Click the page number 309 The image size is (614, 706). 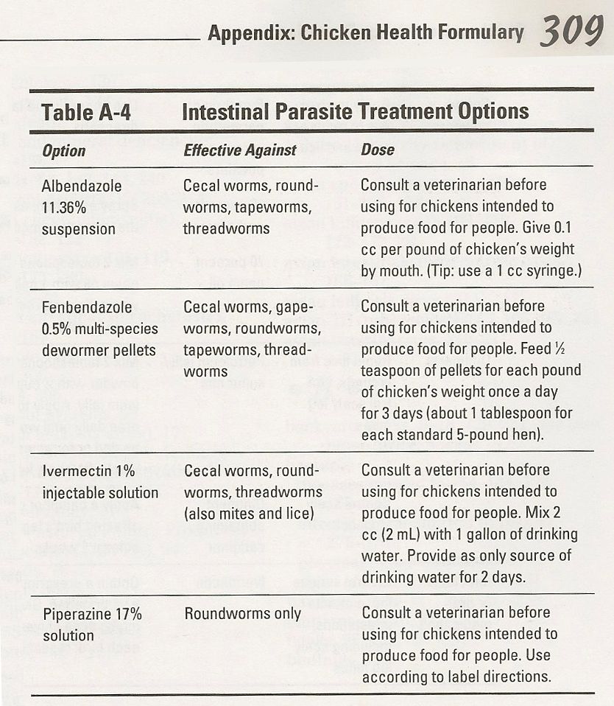tap(571, 32)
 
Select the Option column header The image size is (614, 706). tap(64, 151)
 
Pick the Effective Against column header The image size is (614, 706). tap(239, 151)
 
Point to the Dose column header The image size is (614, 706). tap(378, 150)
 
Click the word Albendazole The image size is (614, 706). tap(82, 186)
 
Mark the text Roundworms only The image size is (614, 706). tap(242, 613)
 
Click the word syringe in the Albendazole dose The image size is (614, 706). tap(551, 270)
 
